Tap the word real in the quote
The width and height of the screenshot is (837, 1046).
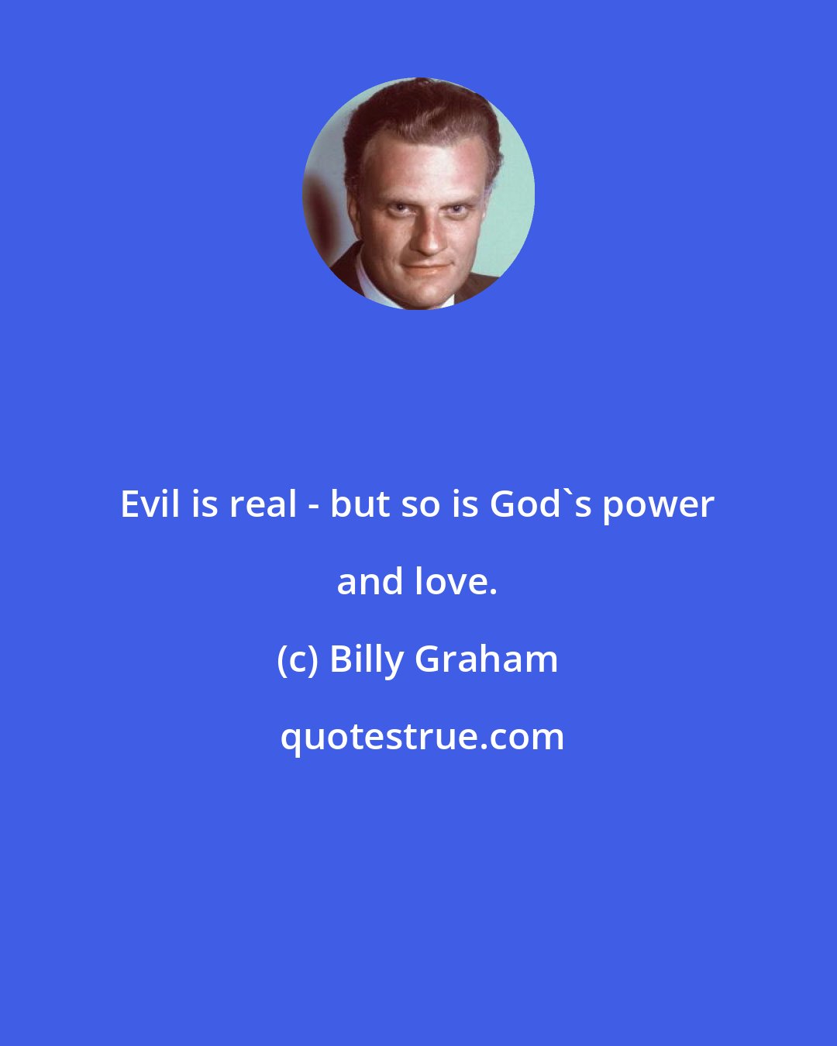tap(263, 505)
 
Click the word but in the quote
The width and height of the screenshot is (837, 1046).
tap(358, 505)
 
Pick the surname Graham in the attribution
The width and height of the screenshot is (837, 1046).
tap(487, 660)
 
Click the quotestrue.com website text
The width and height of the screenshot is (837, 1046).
tap(422, 738)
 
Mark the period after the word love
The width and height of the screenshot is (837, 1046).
tap(493, 594)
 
